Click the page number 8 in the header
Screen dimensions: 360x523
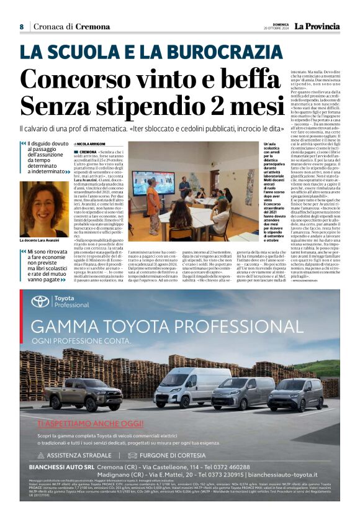21,27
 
